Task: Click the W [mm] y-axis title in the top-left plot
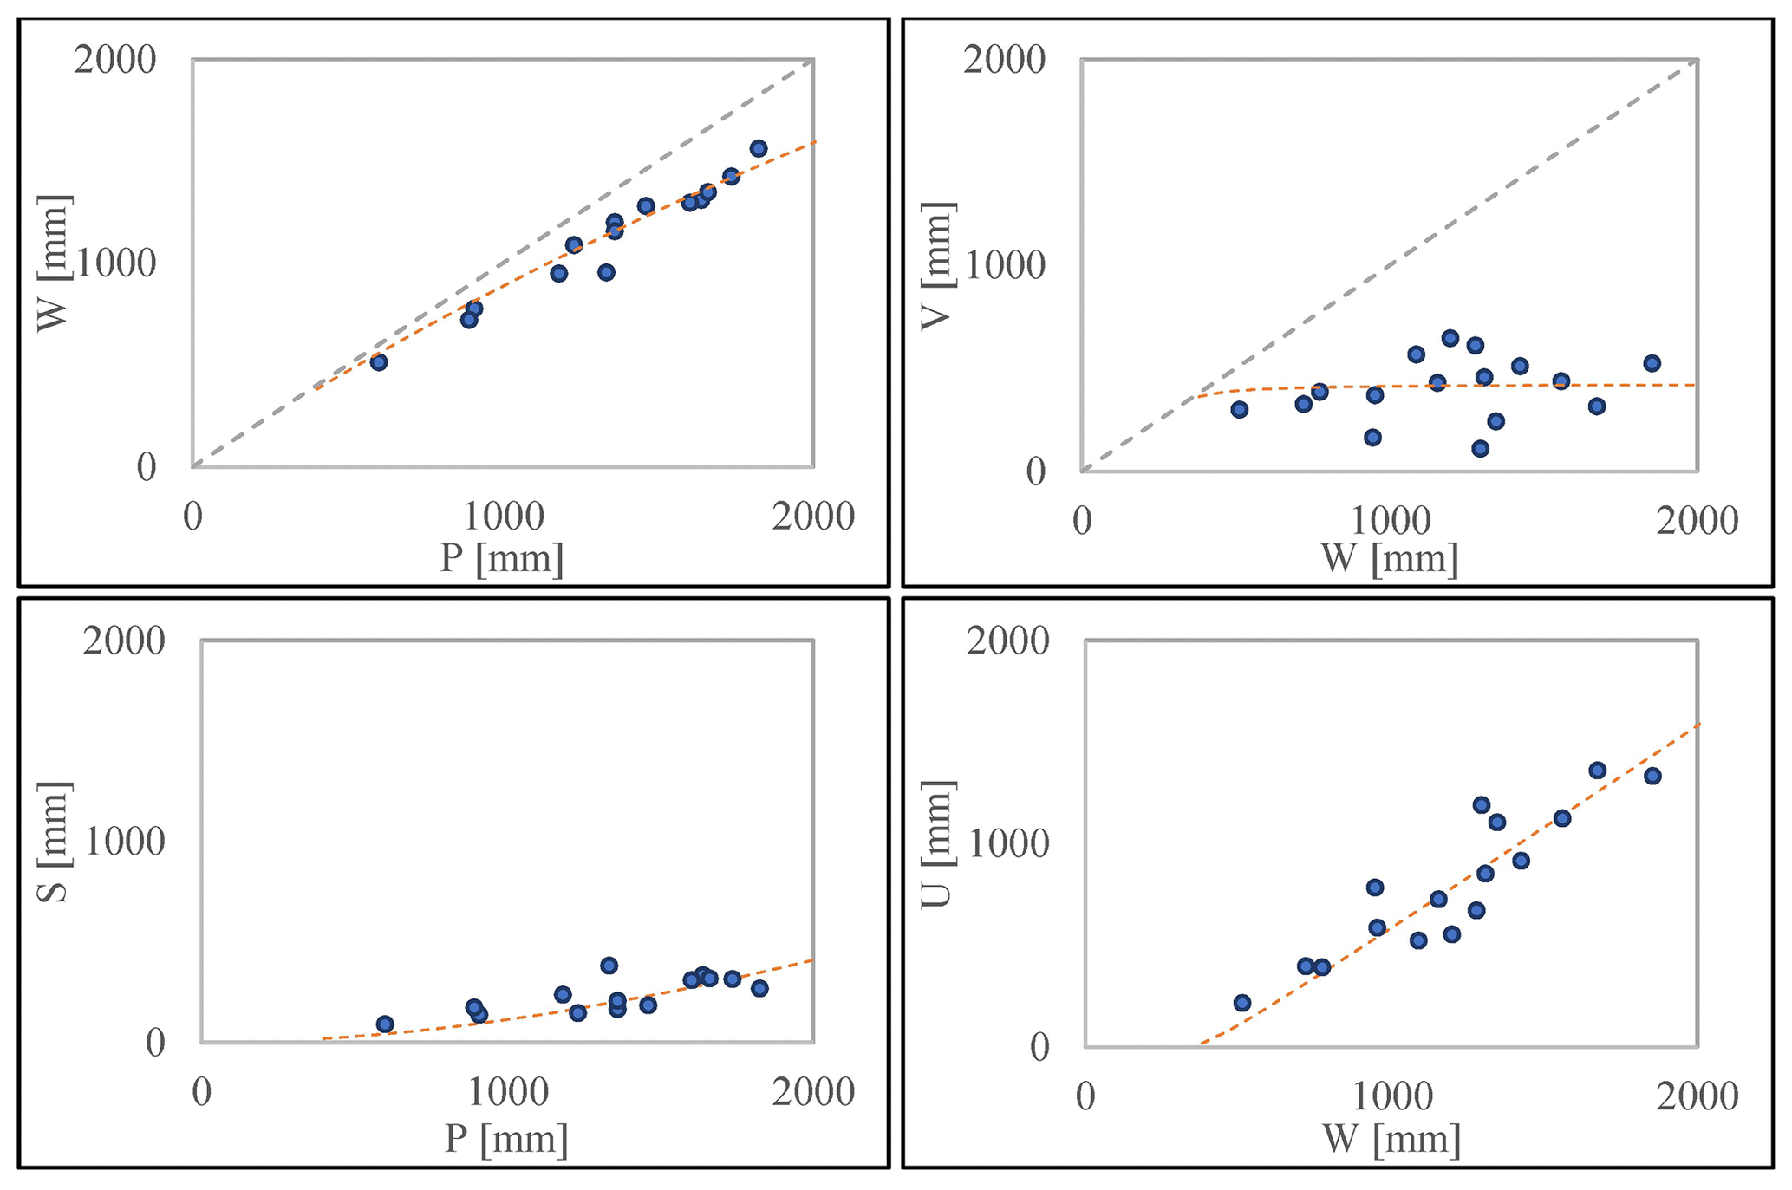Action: click(x=54, y=263)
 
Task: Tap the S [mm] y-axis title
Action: click(x=54, y=842)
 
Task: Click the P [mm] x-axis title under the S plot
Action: click(x=506, y=1138)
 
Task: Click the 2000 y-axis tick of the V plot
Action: click(x=1004, y=61)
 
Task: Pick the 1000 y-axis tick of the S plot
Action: click(x=123, y=842)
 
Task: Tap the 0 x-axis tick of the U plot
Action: click(x=1085, y=1096)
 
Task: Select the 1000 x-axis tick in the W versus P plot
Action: click(x=504, y=517)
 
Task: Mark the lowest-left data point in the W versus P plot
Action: click(x=379, y=362)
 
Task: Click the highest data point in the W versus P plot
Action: click(x=759, y=148)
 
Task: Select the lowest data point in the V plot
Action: click(x=1481, y=448)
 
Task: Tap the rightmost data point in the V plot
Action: click(x=1652, y=363)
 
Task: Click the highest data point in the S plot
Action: click(x=609, y=966)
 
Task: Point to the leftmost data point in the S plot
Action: click(x=385, y=1024)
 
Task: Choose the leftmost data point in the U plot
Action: click(x=1242, y=1003)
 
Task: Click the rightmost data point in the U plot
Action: click(x=1652, y=776)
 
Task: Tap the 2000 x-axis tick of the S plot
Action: click(x=813, y=1093)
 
